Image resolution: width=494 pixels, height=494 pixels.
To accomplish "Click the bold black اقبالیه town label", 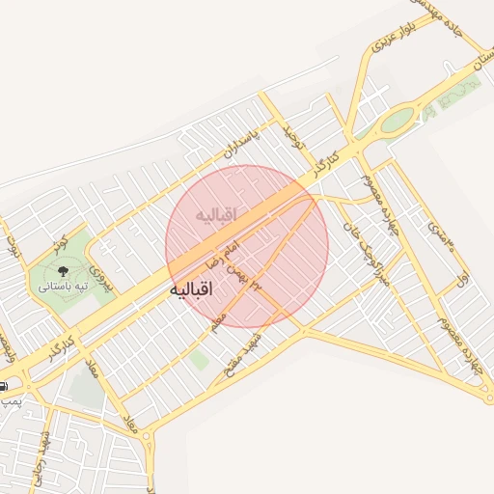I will tap(195, 289).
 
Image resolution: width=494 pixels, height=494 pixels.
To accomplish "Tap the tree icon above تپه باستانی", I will tap(63, 271).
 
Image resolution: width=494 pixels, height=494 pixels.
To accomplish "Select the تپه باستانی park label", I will tap(63, 287).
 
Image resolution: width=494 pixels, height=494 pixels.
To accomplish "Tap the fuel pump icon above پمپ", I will tap(3, 385).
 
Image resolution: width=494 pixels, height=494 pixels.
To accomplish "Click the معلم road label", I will tap(219, 317).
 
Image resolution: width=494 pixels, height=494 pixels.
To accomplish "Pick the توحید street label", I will tap(293, 139).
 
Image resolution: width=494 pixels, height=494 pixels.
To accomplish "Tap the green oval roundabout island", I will tap(397, 122).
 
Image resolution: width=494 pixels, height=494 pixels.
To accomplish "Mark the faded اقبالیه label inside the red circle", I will tap(214, 213).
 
